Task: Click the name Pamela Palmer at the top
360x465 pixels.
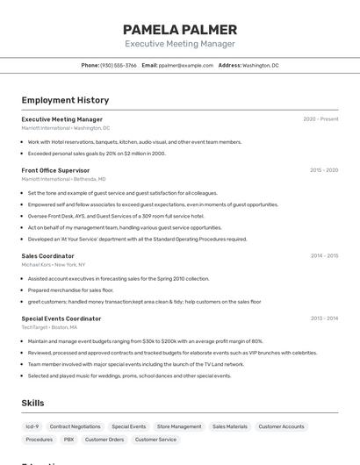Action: [x=180, y=29]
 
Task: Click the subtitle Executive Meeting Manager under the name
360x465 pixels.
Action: [x=180, y=44]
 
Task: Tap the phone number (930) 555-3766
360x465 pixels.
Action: [x=119, y=65]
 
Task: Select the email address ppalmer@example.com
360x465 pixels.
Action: [x=186, y=65]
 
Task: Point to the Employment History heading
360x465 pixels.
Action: [x=65, y=100]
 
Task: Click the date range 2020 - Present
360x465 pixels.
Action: [x=320, y=119]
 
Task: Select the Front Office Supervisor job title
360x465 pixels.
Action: [x=55, y=170]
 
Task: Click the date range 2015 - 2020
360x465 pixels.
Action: [x=324, y=170]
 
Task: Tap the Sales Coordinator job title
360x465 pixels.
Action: [x=47, y=256]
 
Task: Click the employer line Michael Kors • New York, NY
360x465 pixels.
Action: [x=54, y=264]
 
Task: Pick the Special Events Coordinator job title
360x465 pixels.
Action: [x=61, y=318]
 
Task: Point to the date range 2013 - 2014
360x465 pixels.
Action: [x=324, y=318]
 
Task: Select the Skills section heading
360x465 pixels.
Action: [x=32, y=403]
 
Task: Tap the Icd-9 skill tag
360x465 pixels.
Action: [x=32, y=426]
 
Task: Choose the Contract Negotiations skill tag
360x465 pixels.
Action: [x=75, y=426]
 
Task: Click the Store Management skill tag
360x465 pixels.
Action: [x=179, y=426]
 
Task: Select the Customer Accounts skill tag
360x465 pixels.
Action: [x=281, y=426]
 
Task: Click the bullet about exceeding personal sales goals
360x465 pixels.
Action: [x=97, y=154]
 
